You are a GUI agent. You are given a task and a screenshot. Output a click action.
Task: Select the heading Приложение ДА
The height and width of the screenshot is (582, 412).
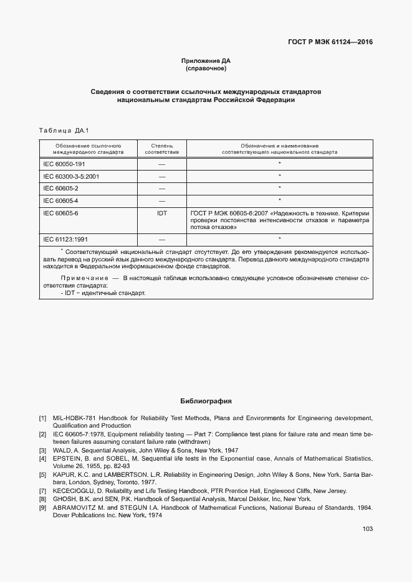coord(206,60)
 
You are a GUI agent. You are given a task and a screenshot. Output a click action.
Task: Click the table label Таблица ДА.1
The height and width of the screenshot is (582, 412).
coord(65,131)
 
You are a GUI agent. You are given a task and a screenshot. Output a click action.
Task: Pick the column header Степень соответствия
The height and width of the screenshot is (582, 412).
coord(161,148)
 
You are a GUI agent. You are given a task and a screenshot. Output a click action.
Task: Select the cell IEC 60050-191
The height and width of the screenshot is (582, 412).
coord(64,164)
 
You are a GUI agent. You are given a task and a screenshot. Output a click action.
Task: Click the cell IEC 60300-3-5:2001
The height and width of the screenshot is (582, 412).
coord(71,176)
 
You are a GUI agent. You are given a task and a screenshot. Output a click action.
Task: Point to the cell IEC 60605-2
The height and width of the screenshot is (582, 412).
coord(60,188)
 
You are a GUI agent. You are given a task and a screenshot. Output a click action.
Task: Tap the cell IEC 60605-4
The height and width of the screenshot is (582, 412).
coord(60,200)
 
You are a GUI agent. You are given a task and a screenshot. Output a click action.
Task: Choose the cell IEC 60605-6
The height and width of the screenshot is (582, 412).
coord(60,213)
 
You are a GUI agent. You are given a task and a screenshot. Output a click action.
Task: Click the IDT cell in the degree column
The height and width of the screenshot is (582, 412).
coord(161,213)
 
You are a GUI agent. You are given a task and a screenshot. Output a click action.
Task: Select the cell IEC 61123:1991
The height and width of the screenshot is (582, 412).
coord(65,239)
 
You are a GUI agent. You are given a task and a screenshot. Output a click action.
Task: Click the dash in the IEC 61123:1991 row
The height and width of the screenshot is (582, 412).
coord(161,239)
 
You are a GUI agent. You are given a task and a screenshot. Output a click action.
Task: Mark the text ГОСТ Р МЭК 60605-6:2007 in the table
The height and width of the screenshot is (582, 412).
coord(228,213)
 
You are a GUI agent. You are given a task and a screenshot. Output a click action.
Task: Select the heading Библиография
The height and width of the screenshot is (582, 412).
coord(206,401)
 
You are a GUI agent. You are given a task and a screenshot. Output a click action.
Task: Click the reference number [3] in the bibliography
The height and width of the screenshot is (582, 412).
coord(42,450)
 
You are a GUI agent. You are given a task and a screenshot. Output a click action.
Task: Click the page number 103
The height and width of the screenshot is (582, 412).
coord(367,529)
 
